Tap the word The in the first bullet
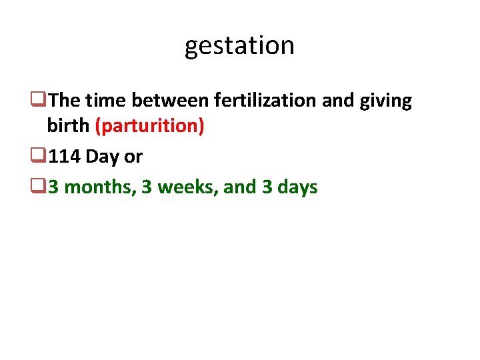(x=64, y=101)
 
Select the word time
(x=105, y=101)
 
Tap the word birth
(x=69, y=127)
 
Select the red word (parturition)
(x=150, y=127)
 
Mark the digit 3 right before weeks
(x=145, y=187)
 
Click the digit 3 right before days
(x=267, y=187)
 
